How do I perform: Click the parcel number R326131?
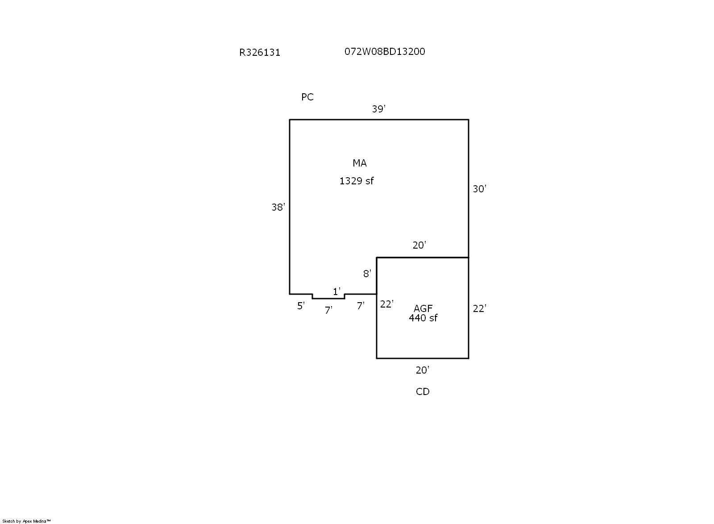tap(260, 53)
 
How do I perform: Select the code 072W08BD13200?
tap(385, 52)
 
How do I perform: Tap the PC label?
tap(307, 97)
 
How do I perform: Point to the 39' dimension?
tap(379, 109)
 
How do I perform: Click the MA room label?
tap(360, 163)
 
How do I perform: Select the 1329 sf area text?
tap(357, 181)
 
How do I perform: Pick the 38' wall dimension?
tap(278, 207)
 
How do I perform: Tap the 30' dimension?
tap(479, 189)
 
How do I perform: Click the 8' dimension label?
tap(367, 274)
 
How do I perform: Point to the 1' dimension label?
tap(336, 291)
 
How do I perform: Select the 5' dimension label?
tap(301, 306)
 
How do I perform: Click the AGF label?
tap(423, 308)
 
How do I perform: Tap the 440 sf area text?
tap(423, 318)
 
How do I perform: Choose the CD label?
tap(423, 392)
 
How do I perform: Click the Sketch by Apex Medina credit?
tap(26, 521)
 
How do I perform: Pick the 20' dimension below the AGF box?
tap(422, 370)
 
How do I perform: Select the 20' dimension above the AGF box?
tap(419, 245)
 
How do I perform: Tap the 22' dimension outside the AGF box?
tap(479, 308)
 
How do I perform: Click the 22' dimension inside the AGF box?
tap(386, 304)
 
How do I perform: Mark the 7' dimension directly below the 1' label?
tap(328, 310)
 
